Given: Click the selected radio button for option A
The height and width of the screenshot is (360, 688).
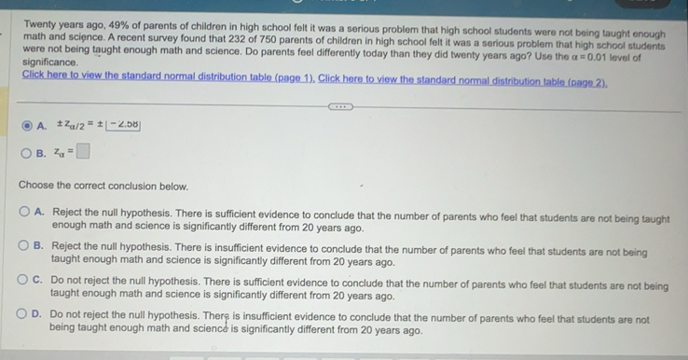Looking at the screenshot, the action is (x=27, y=125).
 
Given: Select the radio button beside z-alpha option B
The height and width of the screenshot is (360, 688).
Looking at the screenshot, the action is (x=27, y=152).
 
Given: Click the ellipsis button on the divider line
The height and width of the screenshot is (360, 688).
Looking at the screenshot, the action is (x=343, y=105).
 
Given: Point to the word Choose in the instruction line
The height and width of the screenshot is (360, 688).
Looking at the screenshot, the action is (x=36, y=186).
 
